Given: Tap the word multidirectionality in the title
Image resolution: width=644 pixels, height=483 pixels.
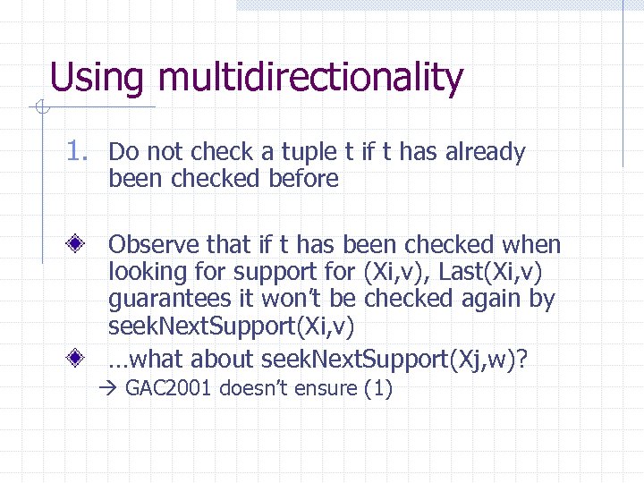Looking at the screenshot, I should tap(310, 78).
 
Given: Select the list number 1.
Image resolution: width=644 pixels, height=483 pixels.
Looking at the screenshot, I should tap(79, 153).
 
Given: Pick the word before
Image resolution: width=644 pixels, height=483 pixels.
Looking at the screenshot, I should tap(303, 179).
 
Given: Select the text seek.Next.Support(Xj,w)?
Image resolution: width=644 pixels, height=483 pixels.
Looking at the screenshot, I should tap(394, 360).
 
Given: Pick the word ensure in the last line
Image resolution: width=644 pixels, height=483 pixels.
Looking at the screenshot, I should tap(325, 389).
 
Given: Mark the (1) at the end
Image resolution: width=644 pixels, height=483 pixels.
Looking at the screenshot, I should tap(377, 389).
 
